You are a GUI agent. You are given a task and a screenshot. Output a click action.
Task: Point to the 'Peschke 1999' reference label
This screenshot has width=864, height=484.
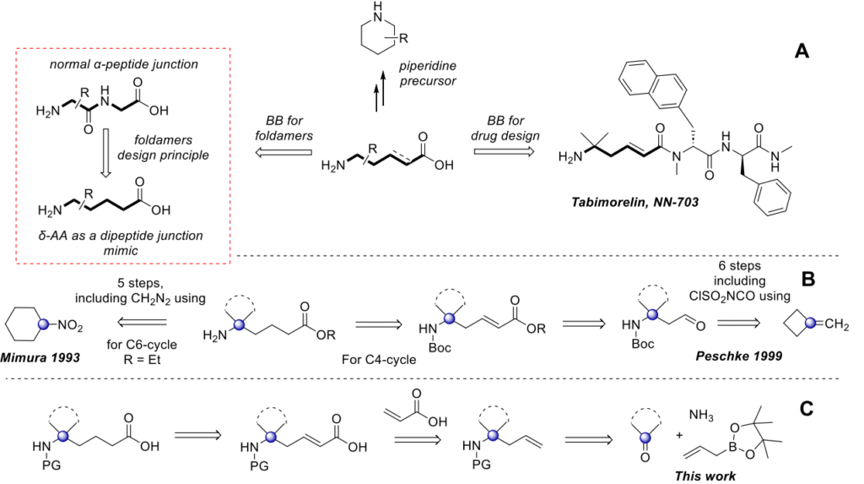click(x=742, y=358)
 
